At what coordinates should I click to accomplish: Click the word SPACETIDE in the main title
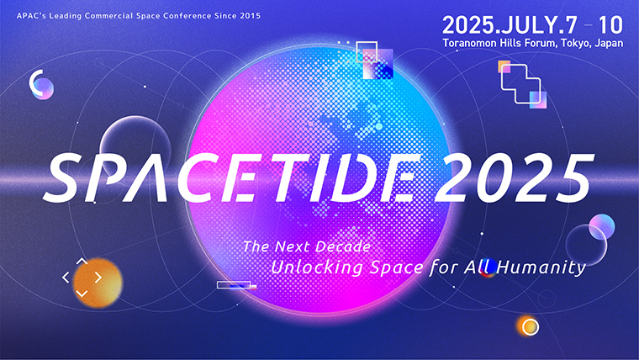tap(232, 177)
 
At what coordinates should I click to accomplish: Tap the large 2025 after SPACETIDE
tap(513, 177)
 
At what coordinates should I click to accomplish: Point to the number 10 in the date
tap(610, 25)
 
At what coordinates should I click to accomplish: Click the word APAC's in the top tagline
tap(30, 16)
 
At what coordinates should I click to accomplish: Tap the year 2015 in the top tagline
tap(251, 16)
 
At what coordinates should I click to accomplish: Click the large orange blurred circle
tap(98, 283)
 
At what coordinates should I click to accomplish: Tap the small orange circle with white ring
tap(530, 326)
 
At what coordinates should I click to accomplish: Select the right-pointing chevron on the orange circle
tap(98, 278)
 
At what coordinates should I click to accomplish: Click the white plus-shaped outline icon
tap(520, 83)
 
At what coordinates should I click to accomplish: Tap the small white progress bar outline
tap(234, 285)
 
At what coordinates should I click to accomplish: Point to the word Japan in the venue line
tap(609, 43)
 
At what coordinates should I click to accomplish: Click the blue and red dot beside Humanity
tap(488, 267)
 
